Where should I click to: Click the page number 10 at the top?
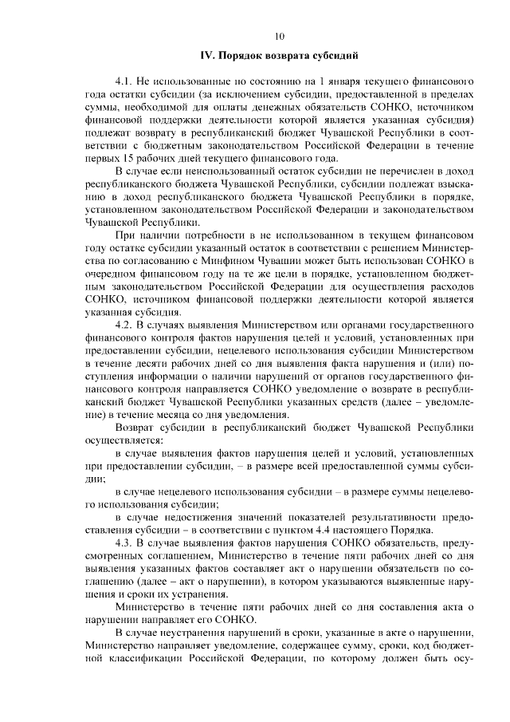(x=279, y=35)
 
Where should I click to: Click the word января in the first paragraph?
(x=348, y=81)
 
